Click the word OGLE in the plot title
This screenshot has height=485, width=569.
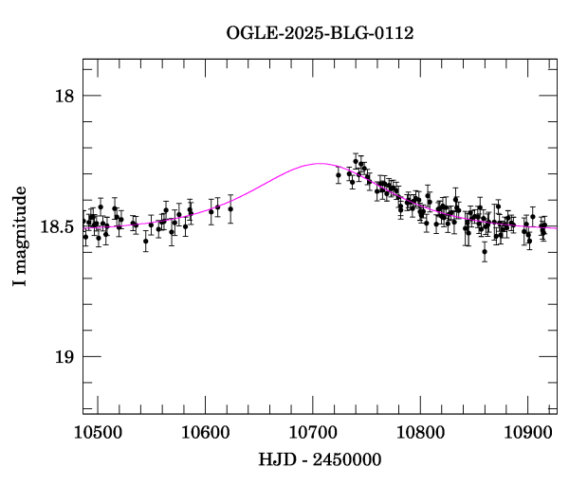pos(249,33)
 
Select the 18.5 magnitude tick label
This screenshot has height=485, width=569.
pos(58,227)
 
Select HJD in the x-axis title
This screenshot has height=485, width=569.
pos(277,459)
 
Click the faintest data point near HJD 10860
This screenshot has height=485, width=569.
pos(485,251)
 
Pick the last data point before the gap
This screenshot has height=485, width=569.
pos(230,208)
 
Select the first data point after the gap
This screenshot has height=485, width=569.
pos(339,175)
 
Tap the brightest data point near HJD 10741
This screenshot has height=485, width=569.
pos(356,161)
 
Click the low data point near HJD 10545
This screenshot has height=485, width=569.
pos(145,241)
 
